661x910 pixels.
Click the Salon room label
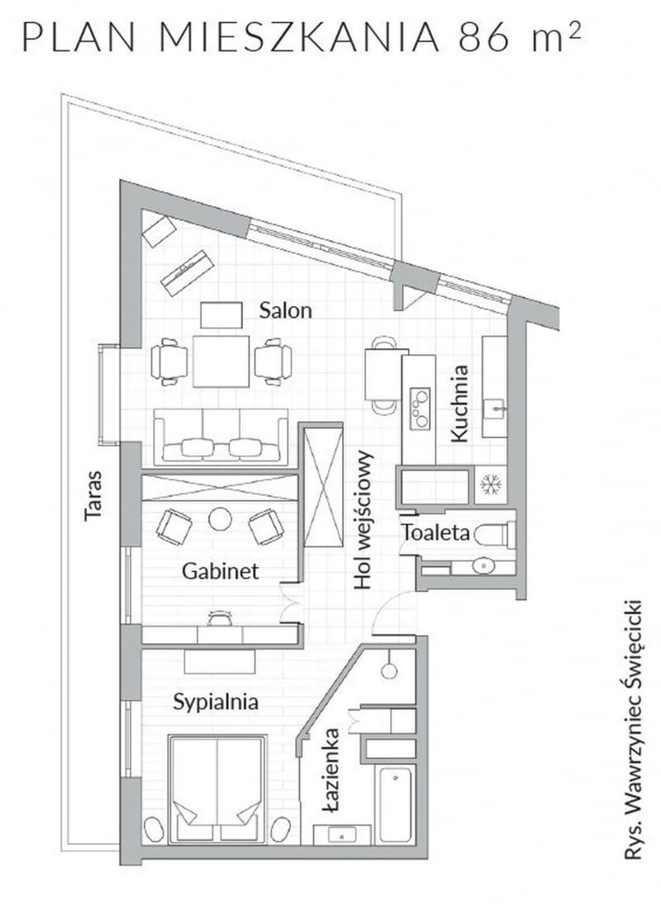click(x=285, y=310)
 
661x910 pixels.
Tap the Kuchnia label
click(x=459, y=404)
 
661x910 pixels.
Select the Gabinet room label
click(x=221, y=571)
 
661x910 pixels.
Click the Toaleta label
click(x=436, y=533)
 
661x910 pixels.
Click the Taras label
click(x=93, y=496)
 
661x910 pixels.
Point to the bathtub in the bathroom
click(x=396, y=804)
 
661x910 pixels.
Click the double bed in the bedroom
click(x=217, y=788)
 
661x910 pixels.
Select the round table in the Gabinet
click(x=220, y=519)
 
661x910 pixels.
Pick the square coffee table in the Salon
click(x=221, y=361)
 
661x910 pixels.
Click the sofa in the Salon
click(x=221, y=436)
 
